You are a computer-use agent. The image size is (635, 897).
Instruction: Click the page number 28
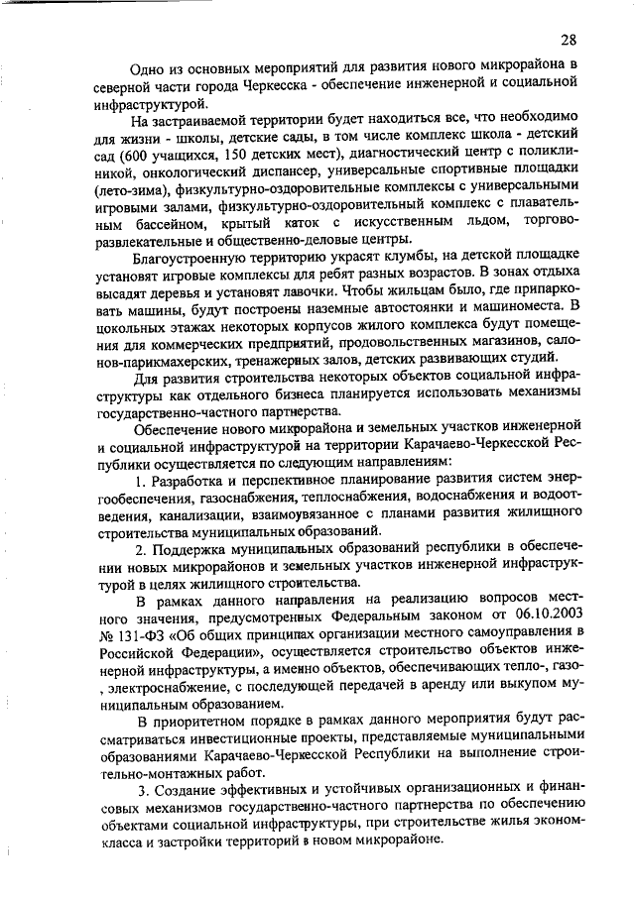tap(568, 40)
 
